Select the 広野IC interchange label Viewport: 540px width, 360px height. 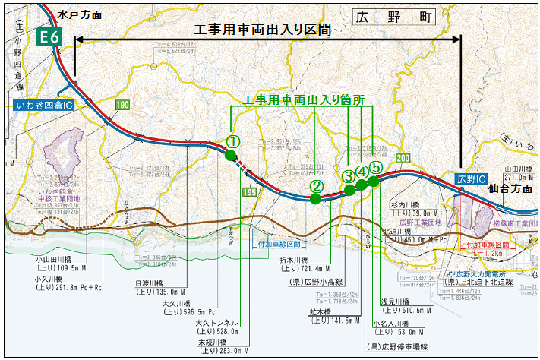[x=471, y=178]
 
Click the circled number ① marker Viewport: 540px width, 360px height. [x=233, y=141]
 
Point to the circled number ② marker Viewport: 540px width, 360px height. [x=317, y=185]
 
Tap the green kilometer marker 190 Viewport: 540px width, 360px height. [x=122, y=104]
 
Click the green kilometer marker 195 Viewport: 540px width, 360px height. [x=248, y=193]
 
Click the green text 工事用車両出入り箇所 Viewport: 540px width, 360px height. [x=303, y=99]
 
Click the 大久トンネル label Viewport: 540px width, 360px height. [x=217, y=323]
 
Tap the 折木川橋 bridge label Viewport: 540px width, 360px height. [x=297, y=260]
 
